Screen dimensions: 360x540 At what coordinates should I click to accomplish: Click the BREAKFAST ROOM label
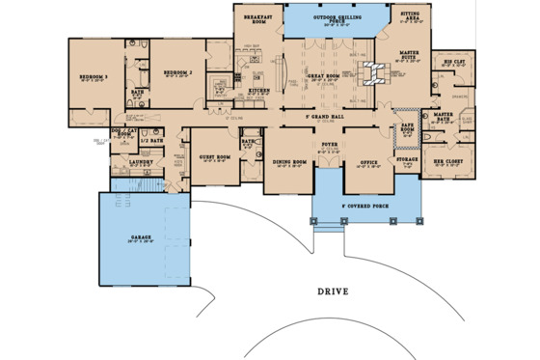click(x=256, y=19)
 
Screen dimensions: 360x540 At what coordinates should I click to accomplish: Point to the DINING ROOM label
click(x=290, y=162)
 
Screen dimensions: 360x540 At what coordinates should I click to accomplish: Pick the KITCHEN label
click(x=259, y=91)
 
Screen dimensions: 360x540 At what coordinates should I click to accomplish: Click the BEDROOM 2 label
click(x=178, y=72)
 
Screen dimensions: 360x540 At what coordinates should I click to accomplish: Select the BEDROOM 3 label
click(x=94, y=75)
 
